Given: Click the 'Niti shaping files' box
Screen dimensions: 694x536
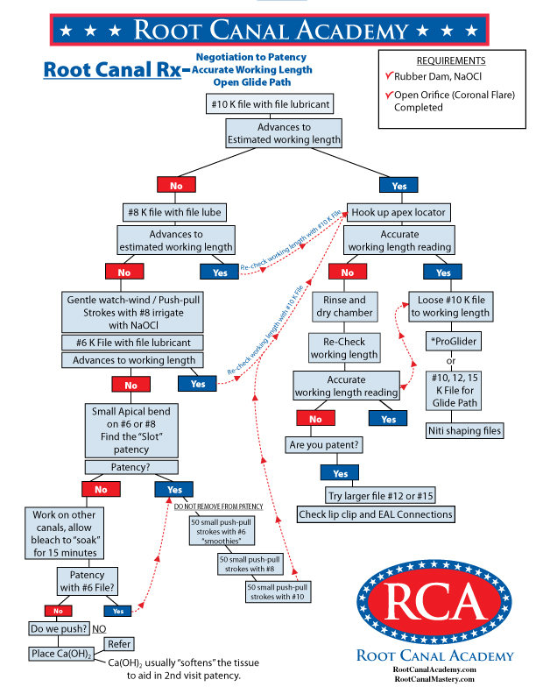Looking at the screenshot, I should pos(464,430).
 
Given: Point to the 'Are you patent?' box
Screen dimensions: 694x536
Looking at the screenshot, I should pos(326,444).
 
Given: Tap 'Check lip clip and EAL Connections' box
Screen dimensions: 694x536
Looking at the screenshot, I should pos(376,514).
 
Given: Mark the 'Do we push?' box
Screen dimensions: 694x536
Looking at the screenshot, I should pos(57,629).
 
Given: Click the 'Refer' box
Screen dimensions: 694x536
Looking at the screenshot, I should pos(118,644).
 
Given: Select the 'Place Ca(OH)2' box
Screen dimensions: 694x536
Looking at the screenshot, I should pos(61,654).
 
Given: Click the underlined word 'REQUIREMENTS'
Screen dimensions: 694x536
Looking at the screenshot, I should pos(451,61).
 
